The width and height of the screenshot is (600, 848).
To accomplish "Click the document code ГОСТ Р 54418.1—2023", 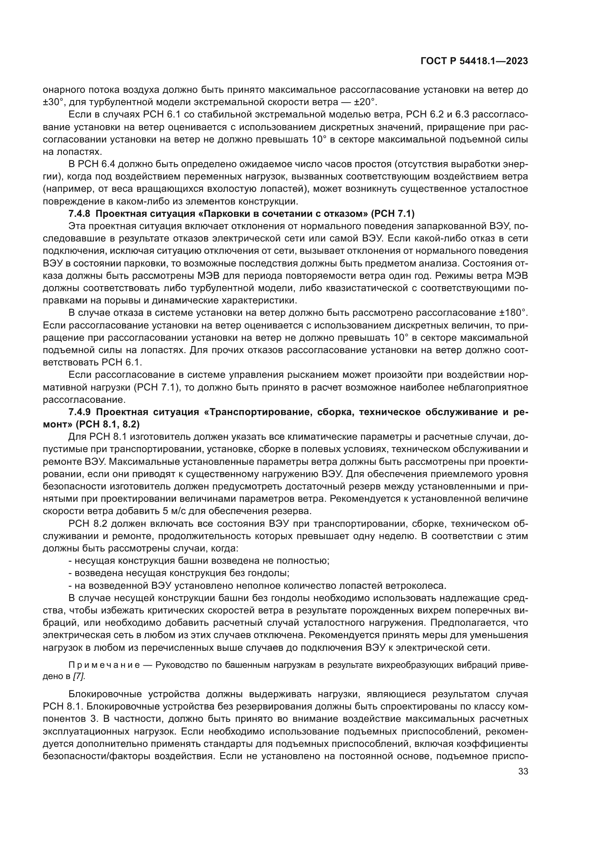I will pos(474,61).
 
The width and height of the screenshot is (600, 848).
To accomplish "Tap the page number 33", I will pos(523,772).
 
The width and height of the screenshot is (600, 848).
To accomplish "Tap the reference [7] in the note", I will pos(79,677).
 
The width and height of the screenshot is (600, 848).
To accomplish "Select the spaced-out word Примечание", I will pos(104,665).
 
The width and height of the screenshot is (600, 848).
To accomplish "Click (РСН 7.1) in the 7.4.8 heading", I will pos(393,214).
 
